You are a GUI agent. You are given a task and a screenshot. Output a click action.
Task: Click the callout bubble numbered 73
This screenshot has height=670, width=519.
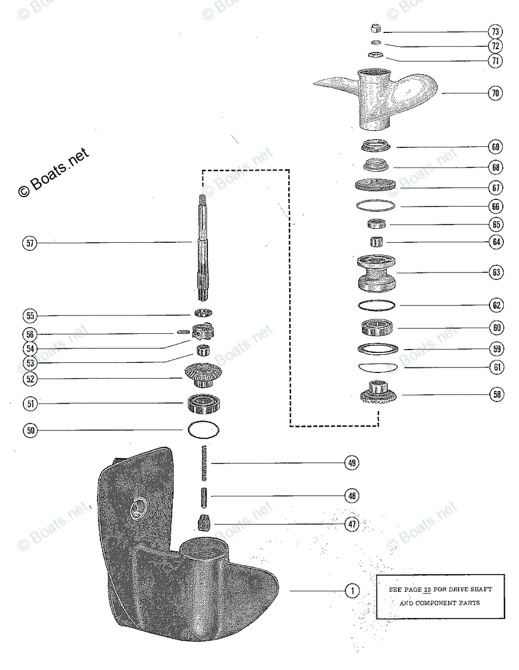494,31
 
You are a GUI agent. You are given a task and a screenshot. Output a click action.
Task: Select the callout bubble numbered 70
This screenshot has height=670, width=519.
494,94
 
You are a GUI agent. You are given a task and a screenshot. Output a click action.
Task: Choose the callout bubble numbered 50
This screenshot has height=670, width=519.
30,430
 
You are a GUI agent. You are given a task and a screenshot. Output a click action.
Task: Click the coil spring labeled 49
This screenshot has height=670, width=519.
203,462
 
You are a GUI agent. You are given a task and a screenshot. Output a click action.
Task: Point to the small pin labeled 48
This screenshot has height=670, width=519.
203,495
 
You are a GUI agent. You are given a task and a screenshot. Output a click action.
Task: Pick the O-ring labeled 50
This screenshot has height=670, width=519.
203,430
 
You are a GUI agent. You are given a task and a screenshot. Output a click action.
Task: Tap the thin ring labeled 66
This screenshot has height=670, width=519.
376,206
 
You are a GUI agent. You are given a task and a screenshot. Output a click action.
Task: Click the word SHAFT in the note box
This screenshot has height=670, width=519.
479,590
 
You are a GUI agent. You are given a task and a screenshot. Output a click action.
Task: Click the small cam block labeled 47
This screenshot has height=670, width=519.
203,524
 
